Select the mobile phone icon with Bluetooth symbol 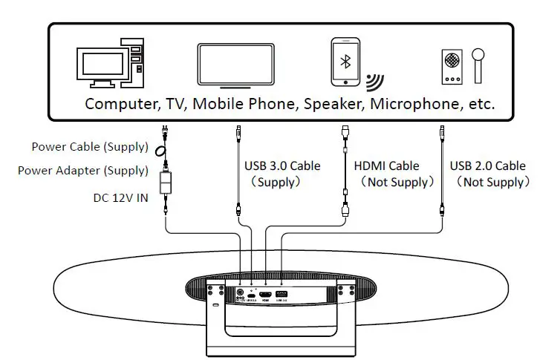click(x=345, y=62)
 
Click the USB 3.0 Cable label click(x=282, y=166)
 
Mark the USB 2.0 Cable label click(x=488, y=166)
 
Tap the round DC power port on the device click(x=241, y=292)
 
